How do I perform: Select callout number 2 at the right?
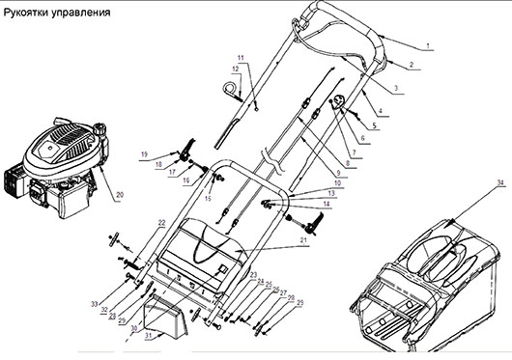point(410,65)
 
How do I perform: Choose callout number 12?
point(234,69)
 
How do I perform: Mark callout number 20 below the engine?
point(120,196)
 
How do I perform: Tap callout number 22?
point(161,223)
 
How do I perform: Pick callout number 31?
point(149,336)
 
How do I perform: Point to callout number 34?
point(473,181)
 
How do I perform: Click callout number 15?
point(207,198)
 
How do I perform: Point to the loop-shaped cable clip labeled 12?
point(232,91)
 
